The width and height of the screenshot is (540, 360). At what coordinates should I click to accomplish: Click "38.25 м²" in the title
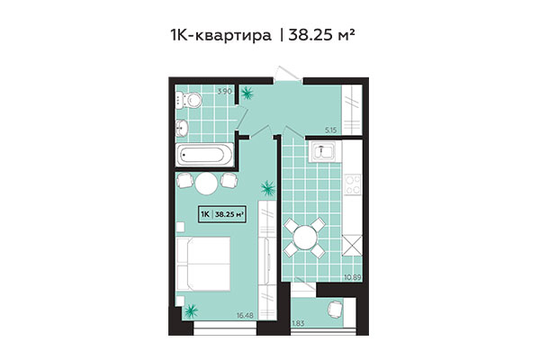click(x=329, y=37)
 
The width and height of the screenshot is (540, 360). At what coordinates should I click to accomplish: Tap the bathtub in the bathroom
click(x=204, y=155)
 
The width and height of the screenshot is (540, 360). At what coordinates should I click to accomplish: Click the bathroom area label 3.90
click(x=227, y=92)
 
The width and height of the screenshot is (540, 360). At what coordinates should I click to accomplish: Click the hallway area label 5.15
click(x=354, y=130)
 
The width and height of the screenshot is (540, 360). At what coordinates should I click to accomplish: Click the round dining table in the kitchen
click(x=305, y=237)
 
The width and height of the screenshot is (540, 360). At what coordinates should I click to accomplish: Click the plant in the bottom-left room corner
click(x=191, y=312)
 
